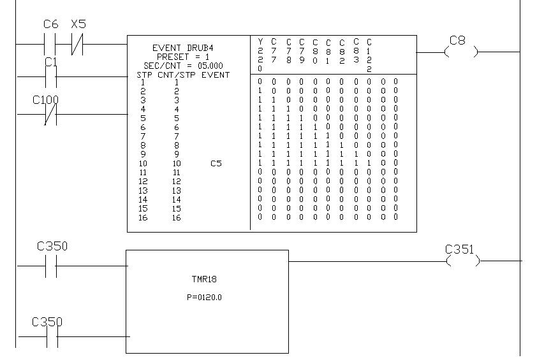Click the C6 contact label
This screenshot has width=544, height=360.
click(x=50, y=24)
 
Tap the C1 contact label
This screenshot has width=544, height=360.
click(x=50, y=62)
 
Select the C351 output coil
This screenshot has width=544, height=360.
click(x=462, y=261)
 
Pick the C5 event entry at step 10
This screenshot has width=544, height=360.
click(x=216, y=164)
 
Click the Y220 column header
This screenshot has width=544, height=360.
click(x=260, y=55)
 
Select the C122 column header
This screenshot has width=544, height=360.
click(x=369, y=55)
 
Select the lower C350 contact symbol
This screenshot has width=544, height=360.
click(x=51, y=336)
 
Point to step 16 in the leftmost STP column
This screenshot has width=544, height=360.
click(x=142, y=218)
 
